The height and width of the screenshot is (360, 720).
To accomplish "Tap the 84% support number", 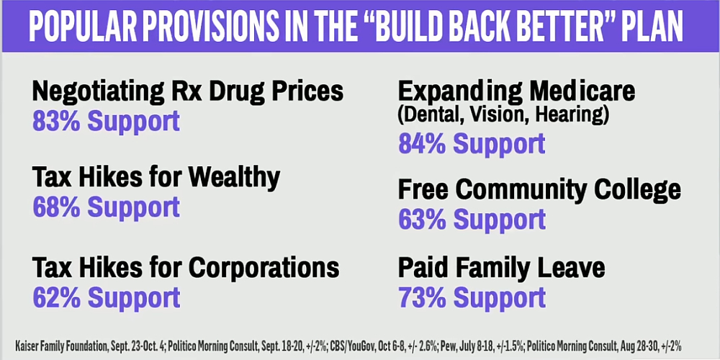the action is coord(422,143).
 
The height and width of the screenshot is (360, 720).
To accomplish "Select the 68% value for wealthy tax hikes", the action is coord(55,207).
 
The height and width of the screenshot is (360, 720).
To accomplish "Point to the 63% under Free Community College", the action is coord(422,220).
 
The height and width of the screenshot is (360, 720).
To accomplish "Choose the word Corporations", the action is coord(264,267).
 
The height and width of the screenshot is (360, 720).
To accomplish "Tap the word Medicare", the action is coord(582,91).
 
